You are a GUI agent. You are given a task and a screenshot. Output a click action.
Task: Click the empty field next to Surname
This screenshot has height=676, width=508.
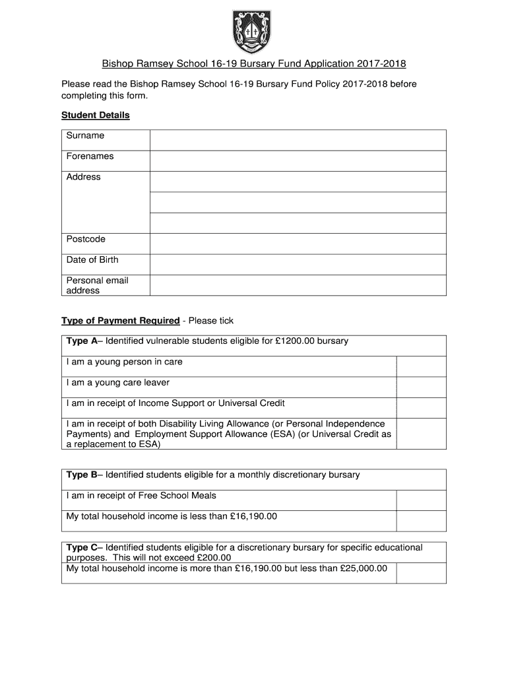298,140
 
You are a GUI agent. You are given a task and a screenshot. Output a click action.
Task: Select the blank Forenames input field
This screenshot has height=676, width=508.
298,160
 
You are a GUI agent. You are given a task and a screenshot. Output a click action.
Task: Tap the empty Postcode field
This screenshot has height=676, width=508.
298,244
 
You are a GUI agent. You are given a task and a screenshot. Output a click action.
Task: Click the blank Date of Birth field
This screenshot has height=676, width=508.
298,264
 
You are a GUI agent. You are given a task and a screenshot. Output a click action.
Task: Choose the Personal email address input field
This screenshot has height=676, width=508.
298,285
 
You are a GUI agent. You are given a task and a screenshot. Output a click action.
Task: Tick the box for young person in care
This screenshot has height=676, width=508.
421,366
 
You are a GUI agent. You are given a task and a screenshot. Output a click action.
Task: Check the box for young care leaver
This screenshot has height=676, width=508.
421,387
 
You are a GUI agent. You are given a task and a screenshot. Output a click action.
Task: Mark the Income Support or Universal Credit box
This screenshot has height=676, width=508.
421,407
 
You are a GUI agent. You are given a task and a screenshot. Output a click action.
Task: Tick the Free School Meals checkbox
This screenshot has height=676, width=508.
421,500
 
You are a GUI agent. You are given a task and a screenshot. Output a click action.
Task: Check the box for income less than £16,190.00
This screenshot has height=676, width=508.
421,520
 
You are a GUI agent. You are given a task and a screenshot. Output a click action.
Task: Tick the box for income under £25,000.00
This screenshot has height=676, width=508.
421,572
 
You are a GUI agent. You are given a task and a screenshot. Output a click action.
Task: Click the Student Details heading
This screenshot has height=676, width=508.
96,116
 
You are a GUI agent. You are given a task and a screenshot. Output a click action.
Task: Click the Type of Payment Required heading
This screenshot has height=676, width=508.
121,321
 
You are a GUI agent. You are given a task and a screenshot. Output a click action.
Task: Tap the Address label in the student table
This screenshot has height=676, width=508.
84,177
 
